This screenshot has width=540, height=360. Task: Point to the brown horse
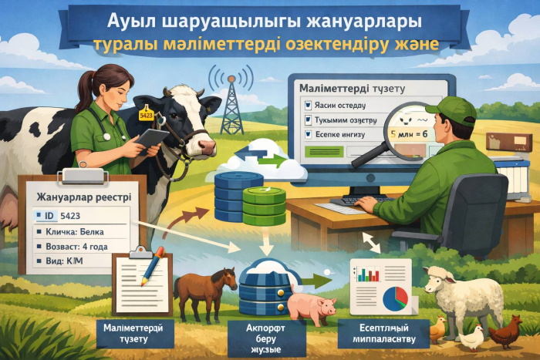click(x=204, y=289)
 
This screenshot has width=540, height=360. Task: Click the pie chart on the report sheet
click(x=396, y=297)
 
